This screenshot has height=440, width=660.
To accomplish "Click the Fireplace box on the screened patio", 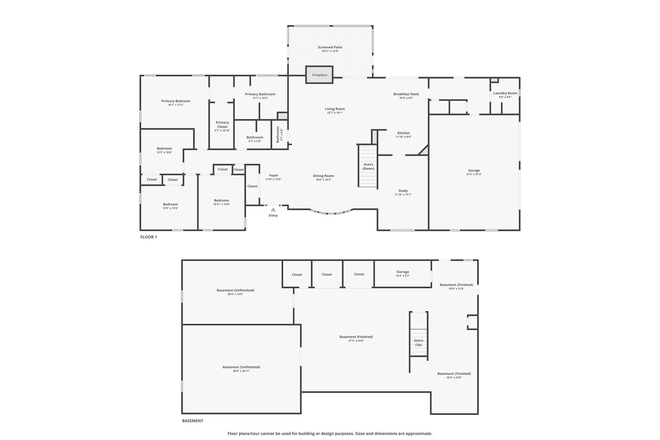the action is (x=319, y=75).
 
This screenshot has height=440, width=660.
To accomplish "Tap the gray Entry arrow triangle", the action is (x=273, y=210).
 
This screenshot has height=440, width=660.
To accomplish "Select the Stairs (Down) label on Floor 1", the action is (x=368, y=166).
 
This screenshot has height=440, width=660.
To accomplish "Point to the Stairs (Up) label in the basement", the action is (x=418, y=342).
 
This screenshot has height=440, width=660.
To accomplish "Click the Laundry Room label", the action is (x=505, y=93).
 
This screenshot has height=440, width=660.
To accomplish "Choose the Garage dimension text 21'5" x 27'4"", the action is (x=474, y=174).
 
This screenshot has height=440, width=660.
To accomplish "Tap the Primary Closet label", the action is (x=222, y=124).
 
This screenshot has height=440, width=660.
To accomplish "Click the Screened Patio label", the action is (x=330, y=47).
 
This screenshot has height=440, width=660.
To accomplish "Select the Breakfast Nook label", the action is (x=406, y=94).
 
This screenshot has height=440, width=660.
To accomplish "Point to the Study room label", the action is (x=403, y=191).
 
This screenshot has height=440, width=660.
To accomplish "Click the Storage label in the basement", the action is (x=403, y=272).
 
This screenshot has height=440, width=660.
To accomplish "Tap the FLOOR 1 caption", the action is (x=149, y=237).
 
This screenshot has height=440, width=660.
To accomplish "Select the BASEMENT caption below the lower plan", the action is (x=193, y=421).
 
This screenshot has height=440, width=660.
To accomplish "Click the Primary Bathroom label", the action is (x=260, y=94).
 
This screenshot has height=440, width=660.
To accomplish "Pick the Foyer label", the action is (x=274, y=175).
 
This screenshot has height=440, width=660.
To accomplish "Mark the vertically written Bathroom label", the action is (x=278, y=134).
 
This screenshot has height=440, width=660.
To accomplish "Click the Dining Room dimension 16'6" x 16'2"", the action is (x=323, y=180).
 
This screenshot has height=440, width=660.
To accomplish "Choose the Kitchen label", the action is (x=403, y=133).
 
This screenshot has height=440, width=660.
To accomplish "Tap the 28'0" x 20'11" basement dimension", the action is (x=241, y=371).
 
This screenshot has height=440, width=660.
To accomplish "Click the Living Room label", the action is (x=335, y=109).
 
